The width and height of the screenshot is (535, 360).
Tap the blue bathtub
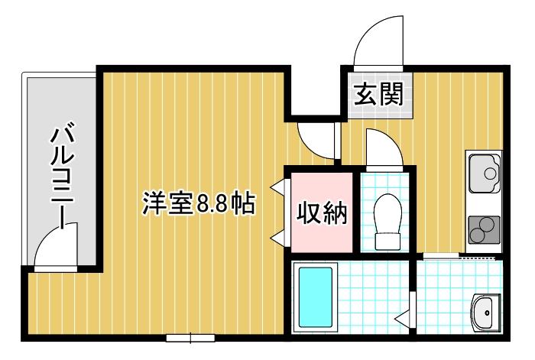click(315, 299)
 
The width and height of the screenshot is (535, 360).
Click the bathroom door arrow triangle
click(402, 314)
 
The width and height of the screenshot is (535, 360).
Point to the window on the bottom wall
click(190, 337)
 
